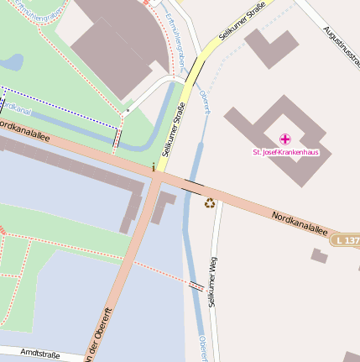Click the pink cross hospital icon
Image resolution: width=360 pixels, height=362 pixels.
285,139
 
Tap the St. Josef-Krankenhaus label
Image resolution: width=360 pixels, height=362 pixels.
286,152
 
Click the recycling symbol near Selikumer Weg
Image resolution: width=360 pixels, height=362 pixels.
210,202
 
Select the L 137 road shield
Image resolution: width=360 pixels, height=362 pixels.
345,241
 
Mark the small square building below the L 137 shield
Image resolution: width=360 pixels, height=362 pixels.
319,255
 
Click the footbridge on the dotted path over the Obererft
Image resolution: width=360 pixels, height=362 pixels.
196,286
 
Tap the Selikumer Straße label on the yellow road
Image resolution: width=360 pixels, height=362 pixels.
175,130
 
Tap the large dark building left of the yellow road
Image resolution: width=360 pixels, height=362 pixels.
113,42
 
